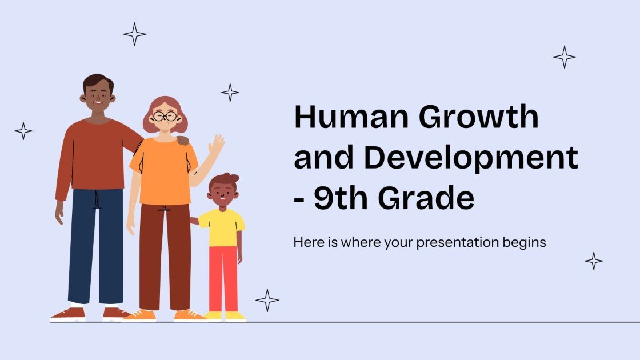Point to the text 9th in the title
342,198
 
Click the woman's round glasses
165,117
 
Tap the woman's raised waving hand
217,146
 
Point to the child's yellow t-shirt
222,227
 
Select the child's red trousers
223,278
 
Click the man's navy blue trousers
95,246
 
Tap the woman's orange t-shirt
163,170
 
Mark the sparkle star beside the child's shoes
267,300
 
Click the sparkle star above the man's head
134,34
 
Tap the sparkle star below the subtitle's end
594,261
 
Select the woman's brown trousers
165,257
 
